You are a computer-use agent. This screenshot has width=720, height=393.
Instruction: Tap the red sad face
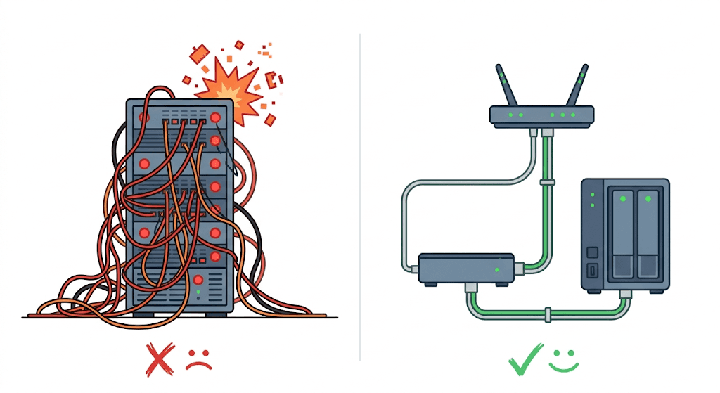tap(199, 360)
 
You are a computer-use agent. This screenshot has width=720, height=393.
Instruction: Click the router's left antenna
tap(503, 86)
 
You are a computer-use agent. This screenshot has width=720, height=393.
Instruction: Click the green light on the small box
tap(497, 269)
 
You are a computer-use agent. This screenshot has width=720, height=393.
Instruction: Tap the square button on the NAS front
tap(593, 252)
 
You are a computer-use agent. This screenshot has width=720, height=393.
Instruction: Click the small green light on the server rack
tap(199, 290)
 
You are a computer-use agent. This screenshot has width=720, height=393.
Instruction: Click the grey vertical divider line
tap(360, 197)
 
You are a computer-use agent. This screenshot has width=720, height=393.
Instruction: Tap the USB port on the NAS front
tap(593, 271)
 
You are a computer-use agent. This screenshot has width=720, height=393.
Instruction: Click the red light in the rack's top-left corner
tap(144, 117)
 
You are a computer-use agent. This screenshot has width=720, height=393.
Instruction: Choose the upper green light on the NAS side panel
tap(593, 195)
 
